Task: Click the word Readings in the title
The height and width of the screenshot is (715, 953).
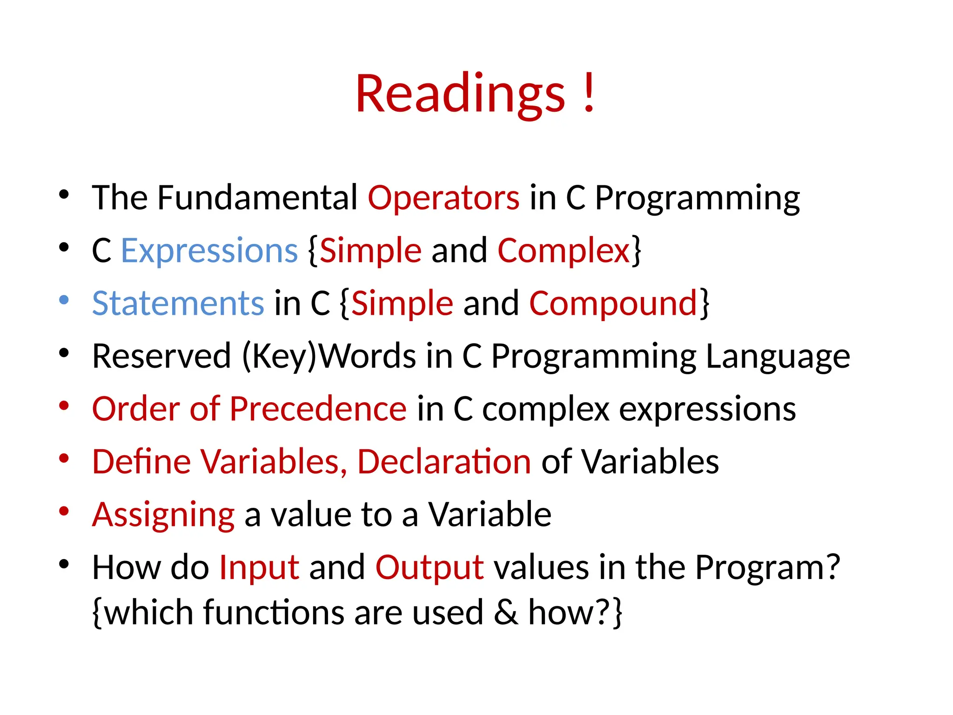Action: (460, 94)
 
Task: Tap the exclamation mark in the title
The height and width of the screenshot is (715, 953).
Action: (589, 93)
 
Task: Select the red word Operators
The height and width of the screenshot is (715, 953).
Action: (443, 198)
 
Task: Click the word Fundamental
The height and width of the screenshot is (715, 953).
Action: (257, 198)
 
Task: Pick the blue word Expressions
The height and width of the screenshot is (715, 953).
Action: (209, 251)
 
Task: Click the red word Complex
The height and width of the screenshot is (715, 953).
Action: (564, 251)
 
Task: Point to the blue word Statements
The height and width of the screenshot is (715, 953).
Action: (178, 304)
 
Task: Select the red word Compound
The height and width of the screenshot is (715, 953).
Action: (613, 304)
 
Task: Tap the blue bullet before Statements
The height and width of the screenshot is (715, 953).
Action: (64, 300)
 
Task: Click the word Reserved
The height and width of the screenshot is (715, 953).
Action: (161, 357)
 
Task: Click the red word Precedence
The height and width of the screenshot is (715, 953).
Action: (318, 409)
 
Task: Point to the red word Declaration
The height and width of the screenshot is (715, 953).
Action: (444, 462)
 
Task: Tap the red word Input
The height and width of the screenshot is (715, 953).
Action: (259, 568)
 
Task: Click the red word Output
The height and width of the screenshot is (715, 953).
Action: (430, 568)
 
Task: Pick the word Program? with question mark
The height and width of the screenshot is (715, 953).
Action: (767, 568)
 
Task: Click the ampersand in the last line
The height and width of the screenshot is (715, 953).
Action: (506, 613)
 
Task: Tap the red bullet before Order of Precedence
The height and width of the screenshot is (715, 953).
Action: (64, 405)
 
